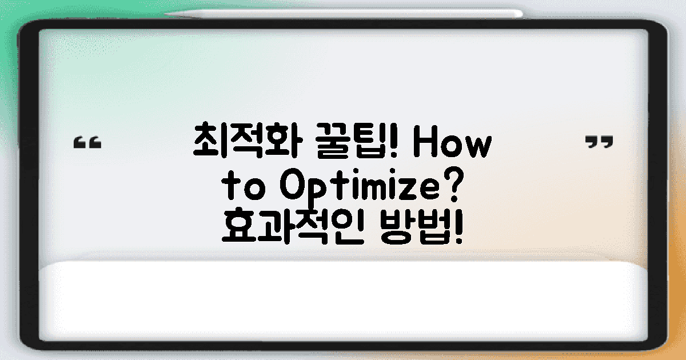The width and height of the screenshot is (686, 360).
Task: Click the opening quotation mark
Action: [x=88, y=142]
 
